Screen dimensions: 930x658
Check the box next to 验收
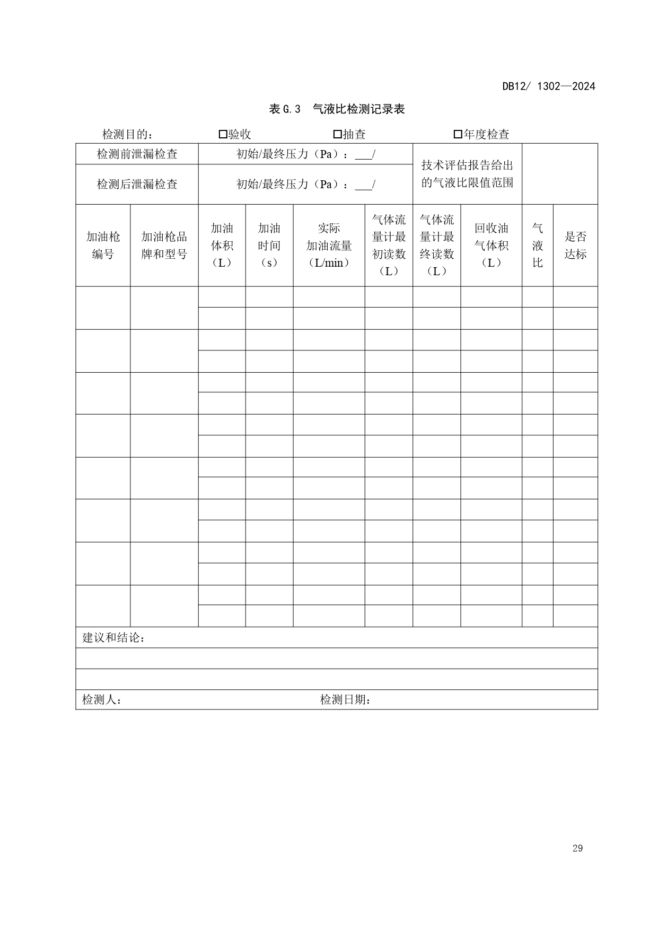pos(223,135)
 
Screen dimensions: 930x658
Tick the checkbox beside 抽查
pos(337,135)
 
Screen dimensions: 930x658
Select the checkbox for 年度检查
pos(458,135)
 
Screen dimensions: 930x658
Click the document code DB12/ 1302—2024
pos(549,86)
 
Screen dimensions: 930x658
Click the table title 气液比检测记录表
pos(358,109)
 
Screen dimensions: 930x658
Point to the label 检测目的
pos(127,135)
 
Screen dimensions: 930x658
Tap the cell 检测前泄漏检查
pos(137,154)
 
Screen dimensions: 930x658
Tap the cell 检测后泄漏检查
pos(137,185)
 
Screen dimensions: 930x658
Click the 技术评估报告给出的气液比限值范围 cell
pos(467,174)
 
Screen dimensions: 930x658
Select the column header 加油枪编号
pos(103,245)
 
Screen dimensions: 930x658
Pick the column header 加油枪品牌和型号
pos(164,245)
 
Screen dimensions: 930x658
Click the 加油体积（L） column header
pos(222,245)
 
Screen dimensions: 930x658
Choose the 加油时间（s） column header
pos(269,245)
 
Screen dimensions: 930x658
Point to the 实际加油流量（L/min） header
pos(329,245)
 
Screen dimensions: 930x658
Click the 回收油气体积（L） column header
pos(491,245)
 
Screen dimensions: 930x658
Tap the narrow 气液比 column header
pos(537,245)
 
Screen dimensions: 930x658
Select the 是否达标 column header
pos(575,245)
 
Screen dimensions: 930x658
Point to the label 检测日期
pos(345,700)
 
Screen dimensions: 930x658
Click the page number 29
pos(577,848)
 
